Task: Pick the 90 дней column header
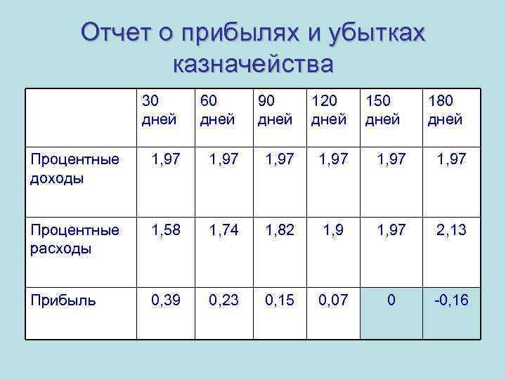[275, 110]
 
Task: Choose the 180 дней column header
[445, 110]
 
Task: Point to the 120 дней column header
[330, 110]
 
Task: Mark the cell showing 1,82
[280, 230]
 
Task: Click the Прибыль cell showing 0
[391, 300]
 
